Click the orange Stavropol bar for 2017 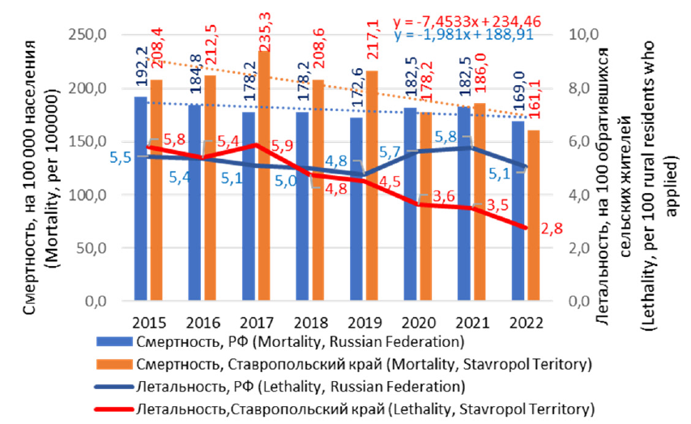coord(264,176)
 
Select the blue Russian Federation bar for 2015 coord(141,199)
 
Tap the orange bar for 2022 coord(534,216)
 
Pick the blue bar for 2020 coord(410,203)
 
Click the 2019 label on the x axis coord(365,323)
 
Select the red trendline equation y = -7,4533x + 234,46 coord(467,22)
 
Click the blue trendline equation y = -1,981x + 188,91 coord(464,35)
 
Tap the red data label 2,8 coord(552,229)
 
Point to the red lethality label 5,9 coord(282,146)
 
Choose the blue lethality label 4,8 coord(336,161)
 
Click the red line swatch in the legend coord(113,409)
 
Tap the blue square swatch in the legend coord(114,342)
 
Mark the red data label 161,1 coord(535,101)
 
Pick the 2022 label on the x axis coord(527,323)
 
